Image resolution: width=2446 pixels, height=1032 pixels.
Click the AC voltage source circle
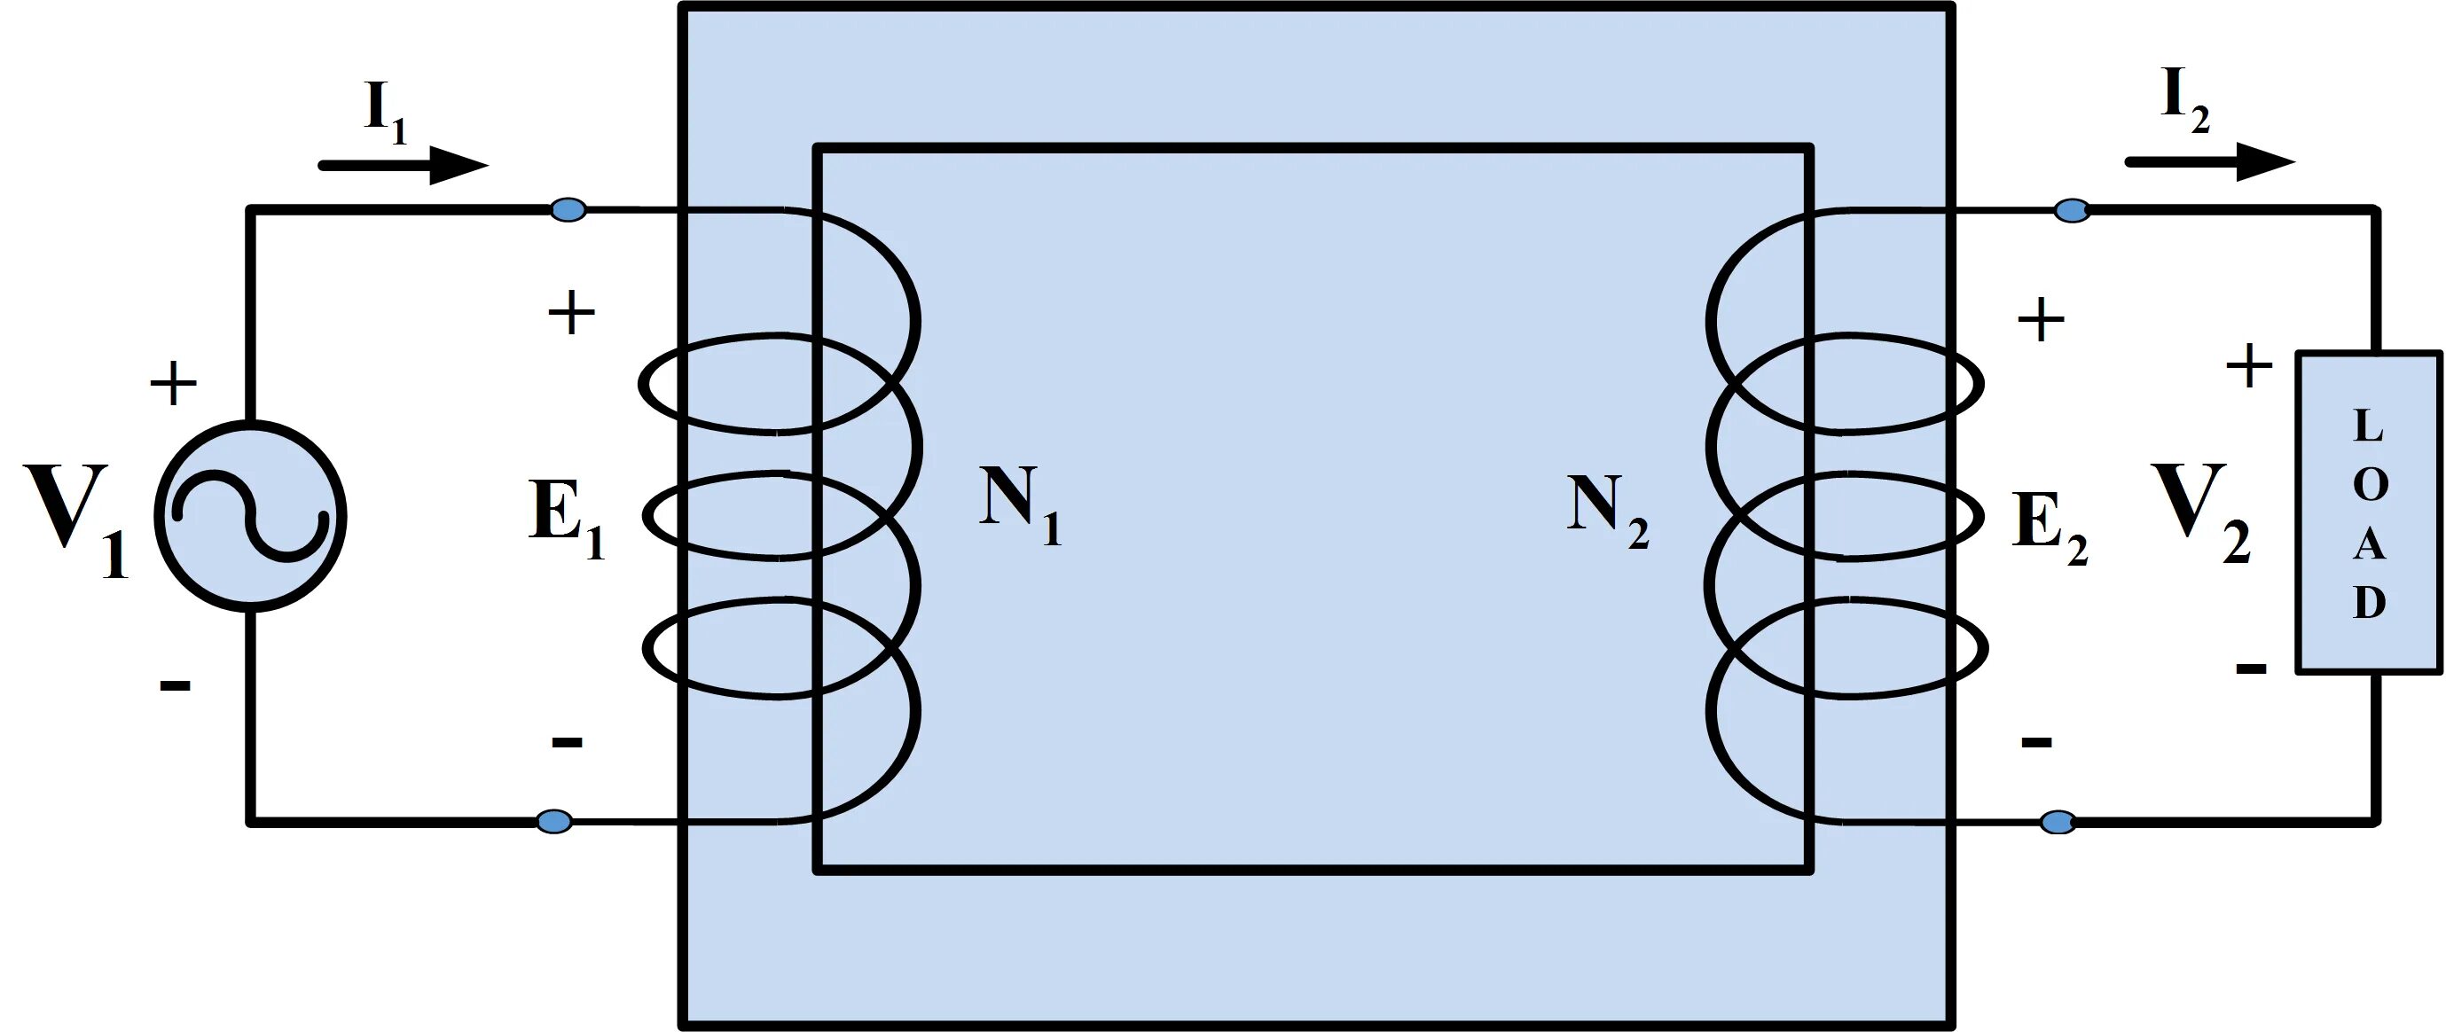point(251,517)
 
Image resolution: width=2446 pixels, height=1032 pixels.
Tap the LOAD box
point(2369,512)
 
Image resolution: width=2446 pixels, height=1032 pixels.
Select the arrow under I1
point(404,165)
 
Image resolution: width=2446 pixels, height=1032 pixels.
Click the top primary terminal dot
point(568,209)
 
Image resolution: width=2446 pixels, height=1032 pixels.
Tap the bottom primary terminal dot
point(554,821)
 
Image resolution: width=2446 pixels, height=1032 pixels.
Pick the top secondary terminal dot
point(2072,210)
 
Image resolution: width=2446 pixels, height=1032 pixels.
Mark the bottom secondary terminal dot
point(2058,822)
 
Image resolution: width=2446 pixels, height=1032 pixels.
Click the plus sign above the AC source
point(174,385)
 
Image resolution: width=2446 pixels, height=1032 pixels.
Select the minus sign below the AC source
point(175,684)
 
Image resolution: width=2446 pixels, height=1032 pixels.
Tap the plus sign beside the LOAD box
point(2249,365)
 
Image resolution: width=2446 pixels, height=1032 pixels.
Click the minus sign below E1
point(567,741)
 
